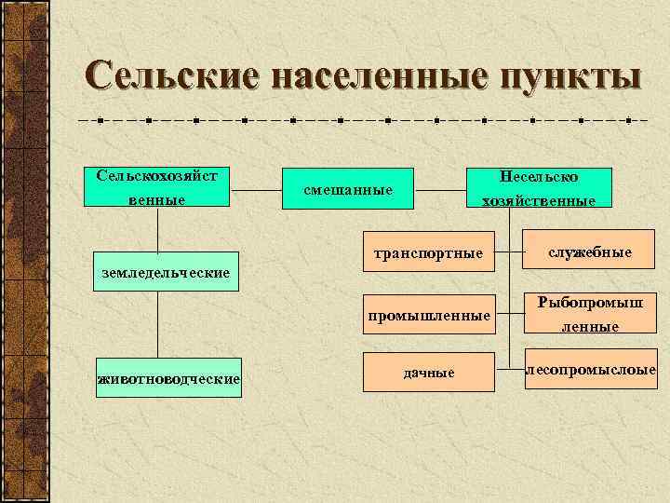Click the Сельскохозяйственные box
[x=156, y=186]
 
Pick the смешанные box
[x=348, y=191]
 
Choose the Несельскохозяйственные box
[x=540, y=186]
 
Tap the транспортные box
[x=428, y=252]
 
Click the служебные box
[x=590, y=252]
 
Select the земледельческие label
[x=165, y=273]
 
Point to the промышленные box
[x=428, y=316]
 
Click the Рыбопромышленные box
[x=590, y=314]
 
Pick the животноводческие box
[x=168, y=377]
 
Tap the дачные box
[x=428, y=373]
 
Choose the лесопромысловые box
[x=590, y=370]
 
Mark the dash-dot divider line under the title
[x=363, y=120]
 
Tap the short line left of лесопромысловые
[x=516, y=370]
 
